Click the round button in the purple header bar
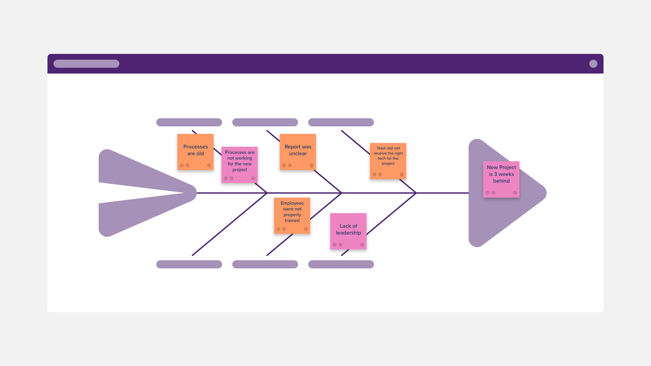pos(593,64)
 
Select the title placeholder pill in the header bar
pos(86,64)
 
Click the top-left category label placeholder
pos(189,122)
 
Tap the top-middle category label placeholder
pos(265,122)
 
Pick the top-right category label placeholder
pos(341,122)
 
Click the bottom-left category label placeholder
pos(189,264)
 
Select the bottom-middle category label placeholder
pos(265,264)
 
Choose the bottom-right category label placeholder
pos(341,264)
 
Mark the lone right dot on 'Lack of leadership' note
pos(362,245)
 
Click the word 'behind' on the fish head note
pos(501,181)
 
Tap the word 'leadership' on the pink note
pos(348,233)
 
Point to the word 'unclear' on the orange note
pos(298,154)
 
